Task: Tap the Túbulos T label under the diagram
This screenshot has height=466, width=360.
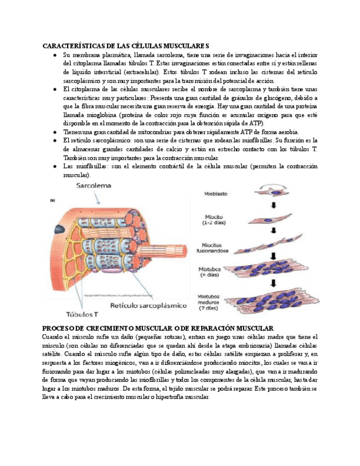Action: click(x=82, y=315)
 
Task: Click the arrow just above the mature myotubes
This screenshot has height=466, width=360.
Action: click(x=273, y=283)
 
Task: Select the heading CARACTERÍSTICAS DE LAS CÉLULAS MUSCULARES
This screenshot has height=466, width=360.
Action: click(x=126, y=46)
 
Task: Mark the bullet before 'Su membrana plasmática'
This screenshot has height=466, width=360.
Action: click(x=54, y=56)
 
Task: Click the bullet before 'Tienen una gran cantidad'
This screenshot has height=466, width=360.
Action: click(x=54, y=132)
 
